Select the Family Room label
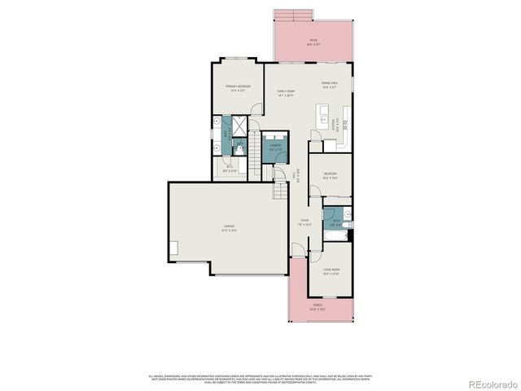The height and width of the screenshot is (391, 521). pos(285,92)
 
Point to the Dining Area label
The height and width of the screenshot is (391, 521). pos(329,84)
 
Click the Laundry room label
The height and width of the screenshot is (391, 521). pos(275,147)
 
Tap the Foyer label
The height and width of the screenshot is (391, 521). pos(304,221)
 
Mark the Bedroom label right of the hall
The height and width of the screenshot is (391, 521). pos(330,175)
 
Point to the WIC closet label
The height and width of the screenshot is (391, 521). pos(230,169)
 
